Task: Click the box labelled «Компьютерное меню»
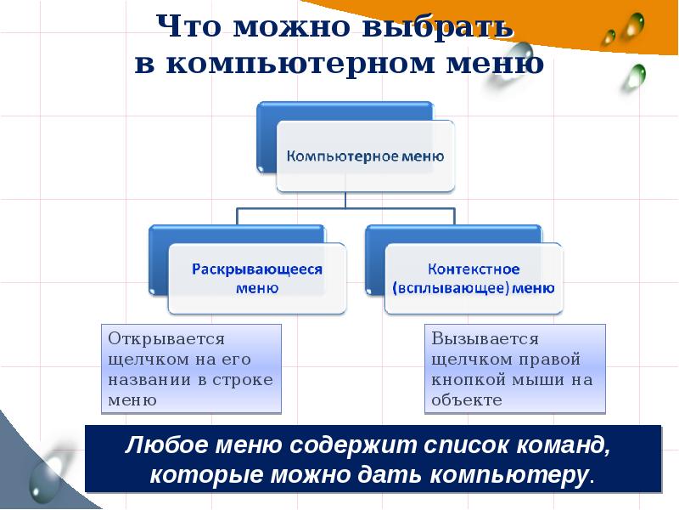[365, 156]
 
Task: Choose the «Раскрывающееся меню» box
[257, 278]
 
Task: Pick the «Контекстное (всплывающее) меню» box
[474, 278]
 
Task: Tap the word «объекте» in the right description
[467, 399]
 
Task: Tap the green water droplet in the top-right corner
[632, 78]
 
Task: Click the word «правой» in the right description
[553, 359]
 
